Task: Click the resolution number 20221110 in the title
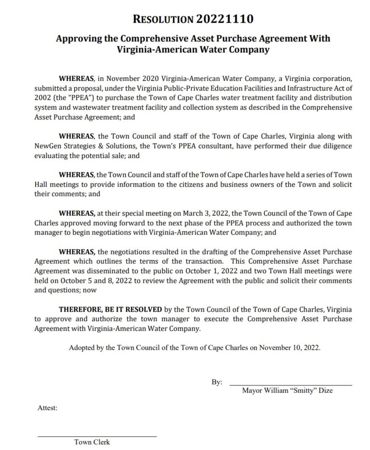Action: (225, 19)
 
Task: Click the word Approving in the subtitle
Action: (77, 39)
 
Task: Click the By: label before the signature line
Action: (217, 382)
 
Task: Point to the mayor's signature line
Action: (291, 385)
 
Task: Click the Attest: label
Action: (47, 408)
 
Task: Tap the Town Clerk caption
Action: (92, 442)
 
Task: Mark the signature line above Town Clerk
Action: (97, 436)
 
